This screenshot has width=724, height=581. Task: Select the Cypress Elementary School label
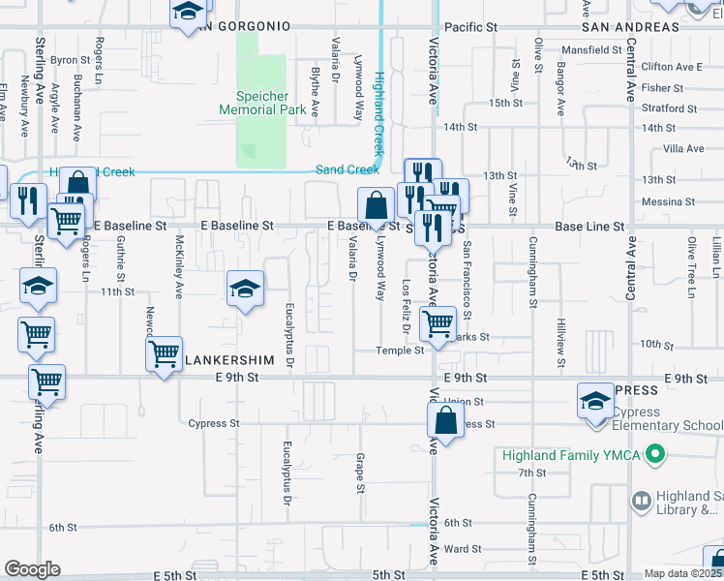[667, 424]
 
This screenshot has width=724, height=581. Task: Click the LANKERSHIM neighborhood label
[233, 359]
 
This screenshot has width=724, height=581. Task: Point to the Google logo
[32, 569]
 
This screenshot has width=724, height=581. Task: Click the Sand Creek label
[336, 169]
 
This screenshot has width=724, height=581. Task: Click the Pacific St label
[468, 29]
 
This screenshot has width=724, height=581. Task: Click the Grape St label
[360, 473]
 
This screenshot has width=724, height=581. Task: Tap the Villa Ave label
[683, 148]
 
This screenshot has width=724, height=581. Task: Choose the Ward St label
[462, 549]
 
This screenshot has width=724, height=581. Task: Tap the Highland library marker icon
[641, 501]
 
